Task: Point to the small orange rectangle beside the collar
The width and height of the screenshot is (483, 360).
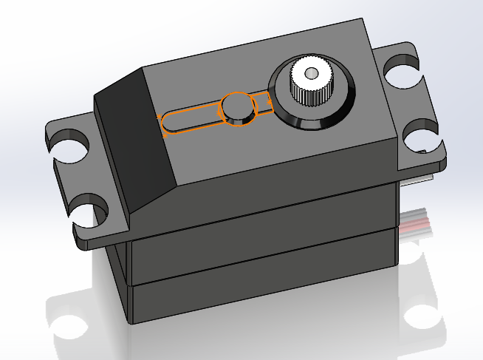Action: [262, 103]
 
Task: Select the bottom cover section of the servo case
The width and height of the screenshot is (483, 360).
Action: [258, 288]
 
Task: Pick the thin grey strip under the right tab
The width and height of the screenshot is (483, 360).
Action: [417, 177]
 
